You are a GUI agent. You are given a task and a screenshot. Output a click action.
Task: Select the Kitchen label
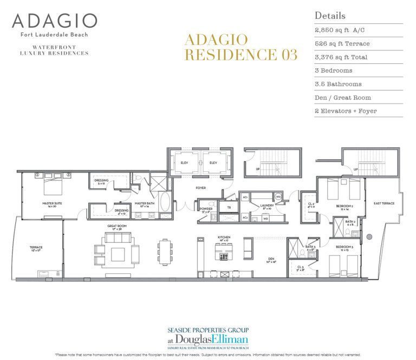pyautogui.click(x=224, y=237)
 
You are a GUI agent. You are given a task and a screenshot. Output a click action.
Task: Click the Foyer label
pyautogui.click(x=186, y=188)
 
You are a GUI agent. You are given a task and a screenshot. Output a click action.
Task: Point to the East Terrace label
pyautogui.click(x=383, y=203)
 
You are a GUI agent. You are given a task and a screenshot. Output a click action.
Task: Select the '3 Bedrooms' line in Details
pyautogui.click(x=333, y=70)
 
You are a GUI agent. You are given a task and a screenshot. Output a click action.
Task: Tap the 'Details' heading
pyautogui.click(x=330, y=16)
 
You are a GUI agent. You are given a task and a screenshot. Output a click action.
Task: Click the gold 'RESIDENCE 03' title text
pyautogui.click(x=240, y=54)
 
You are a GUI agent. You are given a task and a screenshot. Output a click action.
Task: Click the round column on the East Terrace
pyautogui.click(x=369, y=236)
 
